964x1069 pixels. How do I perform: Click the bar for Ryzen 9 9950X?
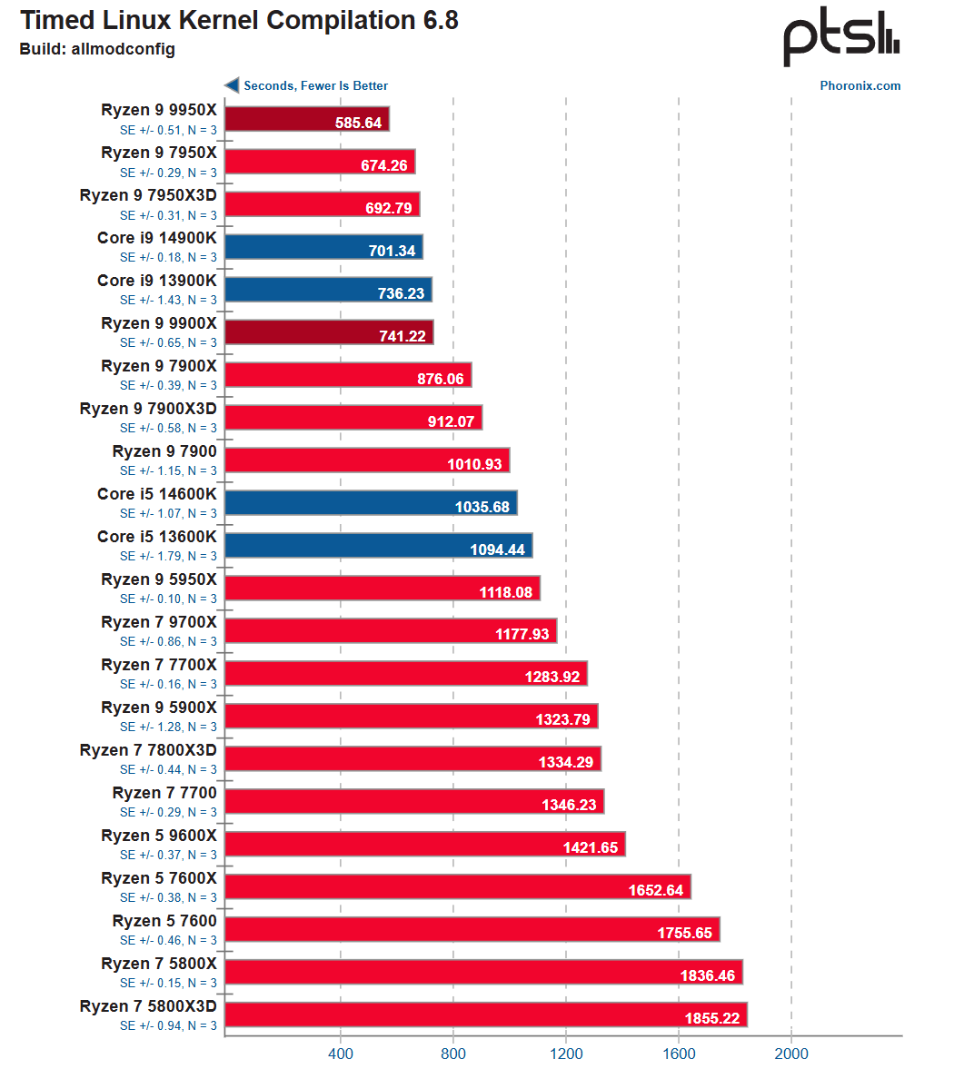(306, 119)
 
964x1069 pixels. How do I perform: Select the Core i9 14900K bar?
(323, 247)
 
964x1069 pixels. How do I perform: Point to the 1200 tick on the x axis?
(566, 1054)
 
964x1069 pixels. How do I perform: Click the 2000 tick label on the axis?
(790, 1054)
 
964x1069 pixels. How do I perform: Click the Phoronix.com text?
(860, 86)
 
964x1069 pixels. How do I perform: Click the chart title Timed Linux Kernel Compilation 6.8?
(239, 21)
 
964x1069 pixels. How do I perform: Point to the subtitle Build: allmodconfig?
(97, 49)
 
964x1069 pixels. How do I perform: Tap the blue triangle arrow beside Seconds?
(232, 85)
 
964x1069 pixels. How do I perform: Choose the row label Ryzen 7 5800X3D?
(148, 1006)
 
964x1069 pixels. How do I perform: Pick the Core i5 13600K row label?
(157, 537)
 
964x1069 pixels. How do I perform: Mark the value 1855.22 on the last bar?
(712, 1018)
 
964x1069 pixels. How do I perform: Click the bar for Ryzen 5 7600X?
(458, 886)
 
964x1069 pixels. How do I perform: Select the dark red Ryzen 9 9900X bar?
(329, 332)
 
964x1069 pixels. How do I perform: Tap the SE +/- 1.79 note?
(168, 556)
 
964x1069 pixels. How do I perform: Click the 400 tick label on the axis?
(341, 1054)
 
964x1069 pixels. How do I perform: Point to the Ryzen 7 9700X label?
(159, 622)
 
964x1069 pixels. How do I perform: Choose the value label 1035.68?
(482, 507)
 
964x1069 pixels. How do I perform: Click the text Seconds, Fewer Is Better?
(315, 85)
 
